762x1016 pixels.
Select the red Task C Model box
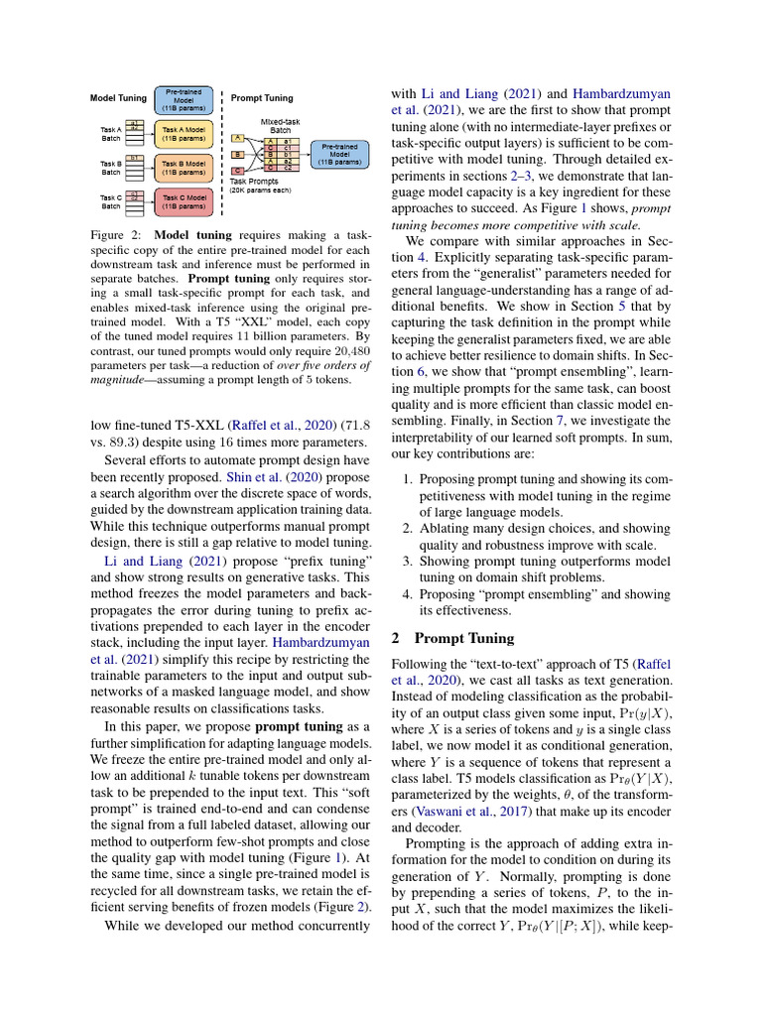(184, 201)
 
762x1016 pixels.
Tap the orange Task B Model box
(184, 166)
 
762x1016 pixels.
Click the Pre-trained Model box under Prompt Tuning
(340, 154)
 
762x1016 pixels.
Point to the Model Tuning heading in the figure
(118, 98)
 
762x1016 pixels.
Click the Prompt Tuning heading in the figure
(262, 98)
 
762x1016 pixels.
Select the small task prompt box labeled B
(237, 155)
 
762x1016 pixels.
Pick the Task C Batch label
(110, 201)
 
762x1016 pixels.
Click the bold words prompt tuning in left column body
(288, 727)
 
